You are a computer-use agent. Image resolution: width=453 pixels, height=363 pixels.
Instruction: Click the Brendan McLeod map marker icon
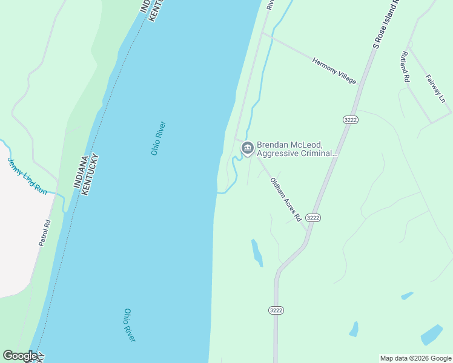[x=247, y=148]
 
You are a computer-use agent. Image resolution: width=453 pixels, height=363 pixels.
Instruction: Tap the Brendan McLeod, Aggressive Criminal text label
[x=297, y=149]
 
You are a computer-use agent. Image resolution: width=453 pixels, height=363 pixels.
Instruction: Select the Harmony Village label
[x=334, y=70]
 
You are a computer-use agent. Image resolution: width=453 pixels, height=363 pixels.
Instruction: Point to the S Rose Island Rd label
[x=388, y=24]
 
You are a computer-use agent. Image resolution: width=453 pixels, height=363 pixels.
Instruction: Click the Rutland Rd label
[x=405, y=66]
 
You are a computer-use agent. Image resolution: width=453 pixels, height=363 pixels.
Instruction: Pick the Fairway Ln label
[x=435, y=88]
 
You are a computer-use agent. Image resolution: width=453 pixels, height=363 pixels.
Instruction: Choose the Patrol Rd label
[x=44, y=232]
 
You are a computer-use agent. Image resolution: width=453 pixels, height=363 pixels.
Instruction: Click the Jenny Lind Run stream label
[x=27, y=176]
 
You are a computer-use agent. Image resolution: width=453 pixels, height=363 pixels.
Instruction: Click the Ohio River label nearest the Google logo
[x=130, y=325]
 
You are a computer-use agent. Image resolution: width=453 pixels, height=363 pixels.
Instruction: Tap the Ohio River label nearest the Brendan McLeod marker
[x=159, y=139]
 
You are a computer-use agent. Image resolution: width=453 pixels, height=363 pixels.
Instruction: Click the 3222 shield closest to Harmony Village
[x=350, y=120]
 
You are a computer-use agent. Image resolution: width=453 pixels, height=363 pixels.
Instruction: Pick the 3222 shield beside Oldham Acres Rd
[x=312, y=217]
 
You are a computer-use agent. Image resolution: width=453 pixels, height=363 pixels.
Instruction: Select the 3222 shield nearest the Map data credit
[x=276, y=310]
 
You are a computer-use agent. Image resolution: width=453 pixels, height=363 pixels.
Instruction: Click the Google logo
[x=20, y=356]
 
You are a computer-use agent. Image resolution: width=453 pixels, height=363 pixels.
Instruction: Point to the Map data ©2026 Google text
[x=415, y=358]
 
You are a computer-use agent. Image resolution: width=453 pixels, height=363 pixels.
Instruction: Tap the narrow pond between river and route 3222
[x=257, y=252]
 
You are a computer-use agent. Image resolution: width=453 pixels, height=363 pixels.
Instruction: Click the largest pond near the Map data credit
[x=431, y=335]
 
